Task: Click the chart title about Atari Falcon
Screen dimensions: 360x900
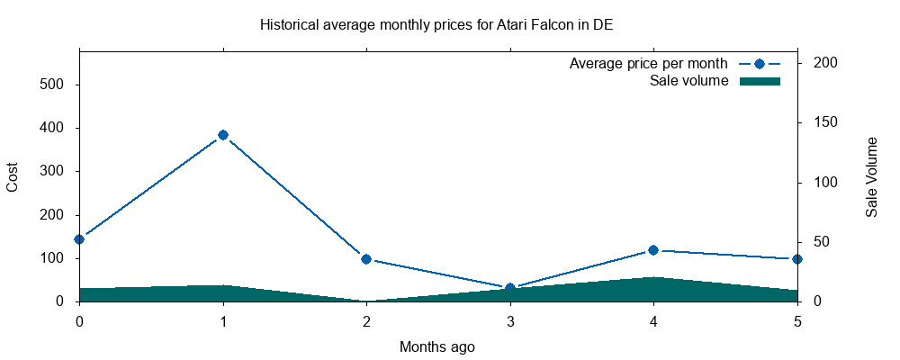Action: (436, 24)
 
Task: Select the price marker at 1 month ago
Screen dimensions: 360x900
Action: (223, 135)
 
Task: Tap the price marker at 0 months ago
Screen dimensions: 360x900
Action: (79, 239)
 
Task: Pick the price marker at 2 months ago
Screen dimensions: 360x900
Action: (366, 259)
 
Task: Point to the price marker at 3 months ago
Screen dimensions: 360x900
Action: (510, 288)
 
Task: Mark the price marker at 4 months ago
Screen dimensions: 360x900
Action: (653, 250)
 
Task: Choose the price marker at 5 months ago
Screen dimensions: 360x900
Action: (797, 259)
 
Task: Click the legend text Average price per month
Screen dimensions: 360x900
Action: (648, 64)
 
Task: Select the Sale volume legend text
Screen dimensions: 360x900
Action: (688, 82)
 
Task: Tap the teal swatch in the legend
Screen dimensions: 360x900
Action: (759, 82)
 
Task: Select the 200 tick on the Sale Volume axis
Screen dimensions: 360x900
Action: (826, 63)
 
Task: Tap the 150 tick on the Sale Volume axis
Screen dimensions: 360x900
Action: (826, 122)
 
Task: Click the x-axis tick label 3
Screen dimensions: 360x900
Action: (510, 320)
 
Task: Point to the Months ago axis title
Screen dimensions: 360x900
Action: (437, 346)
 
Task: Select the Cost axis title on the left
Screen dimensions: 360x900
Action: (13, 176)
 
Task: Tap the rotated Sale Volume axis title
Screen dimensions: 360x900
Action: (871, 177)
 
